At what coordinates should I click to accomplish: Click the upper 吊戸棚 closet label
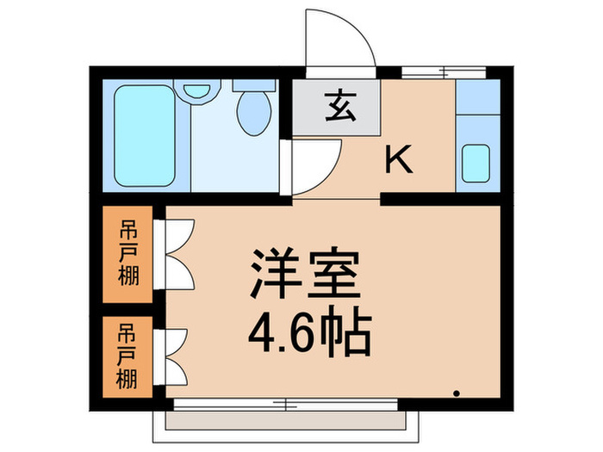click(x=127, y=255)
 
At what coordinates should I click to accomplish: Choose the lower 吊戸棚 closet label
click(x=127, y=355)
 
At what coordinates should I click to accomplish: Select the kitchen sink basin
click(x=476, y=163)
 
